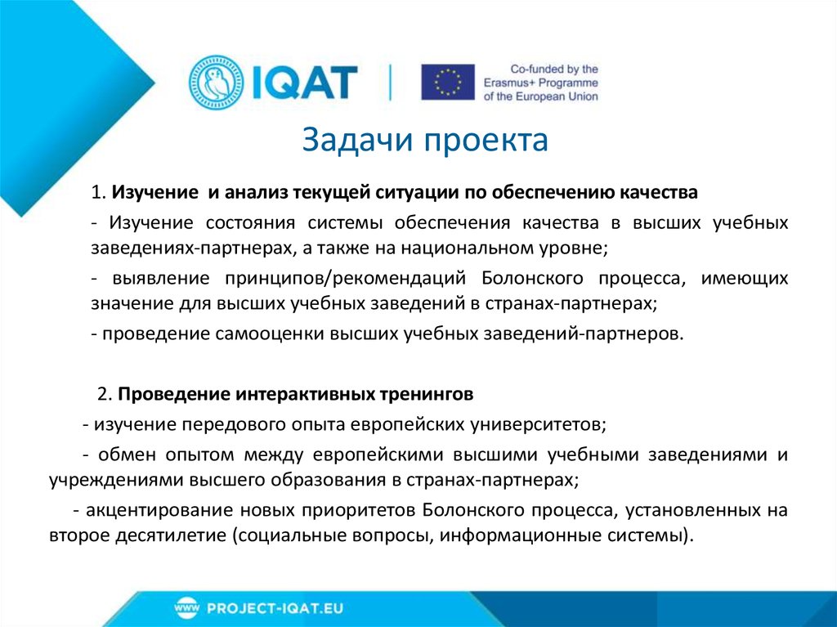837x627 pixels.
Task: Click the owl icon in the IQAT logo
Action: tap(217, 82)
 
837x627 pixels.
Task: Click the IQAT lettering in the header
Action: tap(304, 82)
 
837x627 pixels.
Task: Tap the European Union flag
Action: tap(447, 82)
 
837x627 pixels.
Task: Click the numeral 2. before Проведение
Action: tap(104, 394)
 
